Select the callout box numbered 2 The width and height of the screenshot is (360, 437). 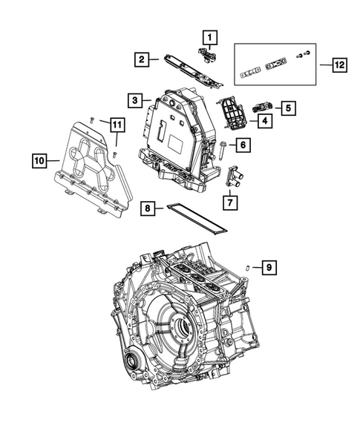140,58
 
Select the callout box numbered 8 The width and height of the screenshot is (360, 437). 148,210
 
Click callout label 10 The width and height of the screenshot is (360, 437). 41,159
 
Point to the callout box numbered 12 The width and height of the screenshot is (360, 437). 338,66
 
